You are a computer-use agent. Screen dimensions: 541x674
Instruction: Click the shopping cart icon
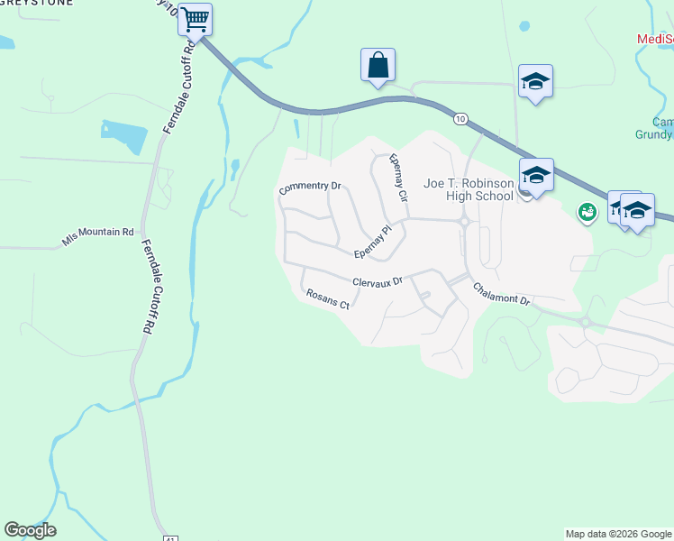point(196,19)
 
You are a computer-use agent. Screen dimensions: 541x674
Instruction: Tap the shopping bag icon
point(378,66)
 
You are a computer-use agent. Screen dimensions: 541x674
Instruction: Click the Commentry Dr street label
point(310,188)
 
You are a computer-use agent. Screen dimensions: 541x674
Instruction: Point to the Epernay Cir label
point(397,177)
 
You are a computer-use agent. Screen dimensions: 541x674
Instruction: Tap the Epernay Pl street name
point(373,240)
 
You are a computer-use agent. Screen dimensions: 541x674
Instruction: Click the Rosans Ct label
point(327,298)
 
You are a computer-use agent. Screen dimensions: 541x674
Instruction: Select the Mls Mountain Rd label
point(97,236)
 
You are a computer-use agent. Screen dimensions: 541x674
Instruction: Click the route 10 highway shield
point(460,118)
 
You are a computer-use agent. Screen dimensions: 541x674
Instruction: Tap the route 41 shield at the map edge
point(168,537)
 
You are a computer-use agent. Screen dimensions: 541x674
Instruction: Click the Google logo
point(30,530)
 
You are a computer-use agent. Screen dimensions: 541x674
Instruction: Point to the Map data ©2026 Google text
point(618,534)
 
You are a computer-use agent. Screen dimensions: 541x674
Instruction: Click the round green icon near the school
point(587,213)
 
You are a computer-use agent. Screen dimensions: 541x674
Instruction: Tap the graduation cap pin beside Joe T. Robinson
point(536,176)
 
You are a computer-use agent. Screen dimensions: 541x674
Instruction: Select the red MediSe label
point(655,39)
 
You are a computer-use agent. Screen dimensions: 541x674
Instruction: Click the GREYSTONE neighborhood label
point(31,3)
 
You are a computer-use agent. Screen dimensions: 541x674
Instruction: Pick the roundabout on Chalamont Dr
point(585,322)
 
